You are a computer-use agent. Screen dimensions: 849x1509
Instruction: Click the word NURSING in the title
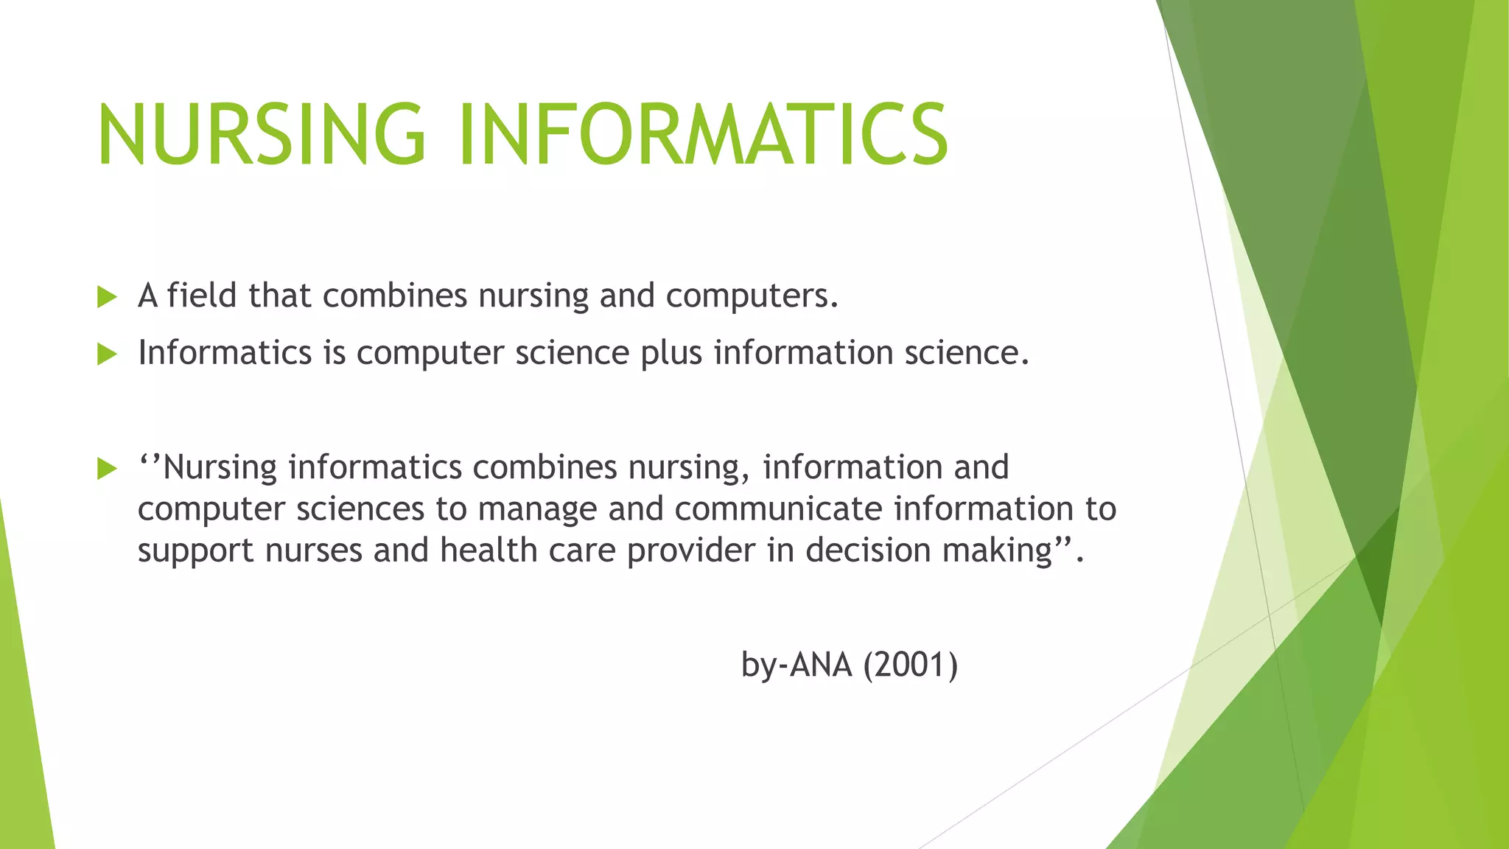[262, 134]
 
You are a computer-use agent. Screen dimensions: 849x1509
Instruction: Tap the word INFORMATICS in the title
[704, 134]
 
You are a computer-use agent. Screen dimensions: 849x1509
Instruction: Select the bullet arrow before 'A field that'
[108, 298]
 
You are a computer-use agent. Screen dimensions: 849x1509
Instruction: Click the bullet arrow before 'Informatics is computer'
[108, 354]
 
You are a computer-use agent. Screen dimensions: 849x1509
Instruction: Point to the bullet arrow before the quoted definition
[108, 469]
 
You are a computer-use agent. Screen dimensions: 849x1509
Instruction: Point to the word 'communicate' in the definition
[778, 509]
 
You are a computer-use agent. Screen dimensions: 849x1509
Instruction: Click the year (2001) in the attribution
[911, 665]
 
